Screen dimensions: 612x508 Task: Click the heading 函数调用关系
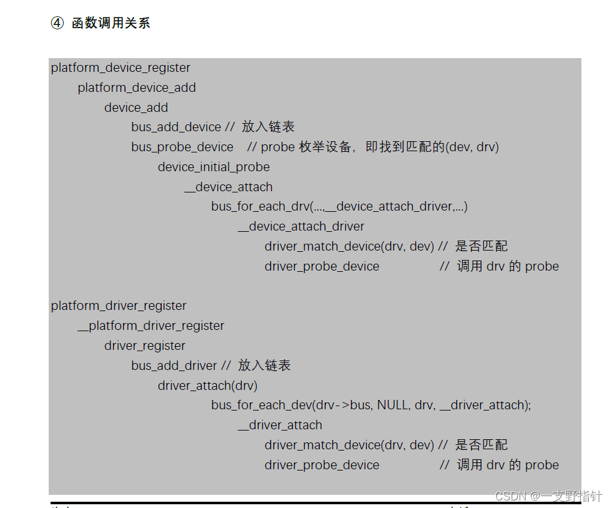pos(111,24)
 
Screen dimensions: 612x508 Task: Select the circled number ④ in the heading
pos(57,24)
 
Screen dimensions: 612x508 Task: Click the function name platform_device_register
pos(121,67)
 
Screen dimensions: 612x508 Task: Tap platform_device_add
pos(137,87)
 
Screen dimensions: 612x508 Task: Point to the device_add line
pos(136,107)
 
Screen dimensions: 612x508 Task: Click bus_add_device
pos(176,127)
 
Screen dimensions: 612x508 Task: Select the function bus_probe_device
pos(182,147)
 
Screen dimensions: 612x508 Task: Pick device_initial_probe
pos(214,167)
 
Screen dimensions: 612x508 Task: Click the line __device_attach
pos(229,187)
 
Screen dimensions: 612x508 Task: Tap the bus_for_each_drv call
pos(339,206)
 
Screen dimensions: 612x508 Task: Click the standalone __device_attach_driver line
pos(301,226)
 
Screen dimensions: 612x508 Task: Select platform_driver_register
pos(119,306)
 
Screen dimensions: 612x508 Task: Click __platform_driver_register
pos(151,326)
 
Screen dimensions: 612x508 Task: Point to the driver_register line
pos(145,346)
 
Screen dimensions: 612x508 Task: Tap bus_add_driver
pos(174,366)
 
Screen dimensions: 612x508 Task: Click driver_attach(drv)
pos(207,386)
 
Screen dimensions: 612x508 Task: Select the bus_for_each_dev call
pos(371,405)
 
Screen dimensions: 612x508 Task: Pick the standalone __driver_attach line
pos(280,425)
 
